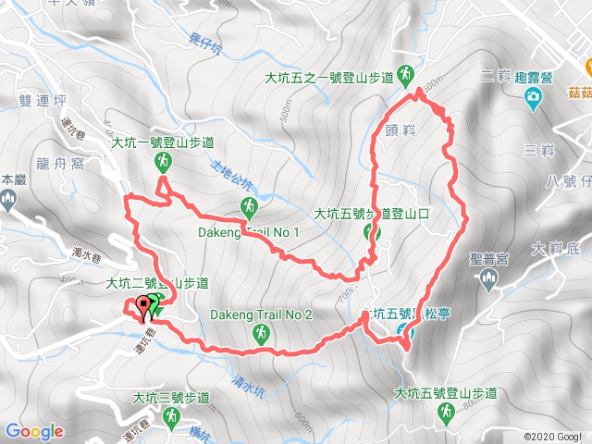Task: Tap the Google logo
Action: point(34,431)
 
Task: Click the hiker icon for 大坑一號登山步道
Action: point(163,163)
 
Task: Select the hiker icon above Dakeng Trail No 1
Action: point(248,205)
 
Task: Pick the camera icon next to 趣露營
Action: point(533,97)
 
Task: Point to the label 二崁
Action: point(497,75)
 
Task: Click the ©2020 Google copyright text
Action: point(555,436)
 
